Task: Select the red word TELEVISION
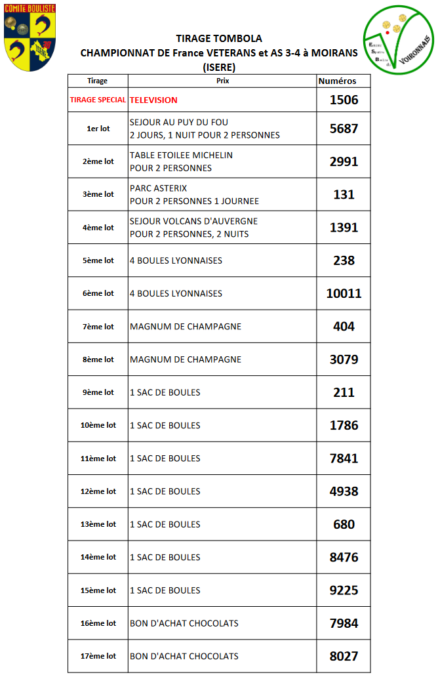[153, 100]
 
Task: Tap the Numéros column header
[337, 81]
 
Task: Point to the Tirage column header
[97, 81]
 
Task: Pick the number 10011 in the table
[344, 293]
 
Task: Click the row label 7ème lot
[98, 327]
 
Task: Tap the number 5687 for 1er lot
[344, 129]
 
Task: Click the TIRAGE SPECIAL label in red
[98, 100]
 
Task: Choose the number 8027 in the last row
[344, 656]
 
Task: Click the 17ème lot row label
[98, 656]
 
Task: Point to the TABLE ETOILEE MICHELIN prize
[181, 155]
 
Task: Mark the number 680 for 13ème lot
[344, 524]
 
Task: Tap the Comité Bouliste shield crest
[30, 36]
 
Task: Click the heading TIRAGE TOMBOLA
[219, 39]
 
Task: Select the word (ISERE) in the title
[219, 67]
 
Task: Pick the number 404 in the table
[344, 327]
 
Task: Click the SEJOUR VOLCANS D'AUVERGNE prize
[193, 221]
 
